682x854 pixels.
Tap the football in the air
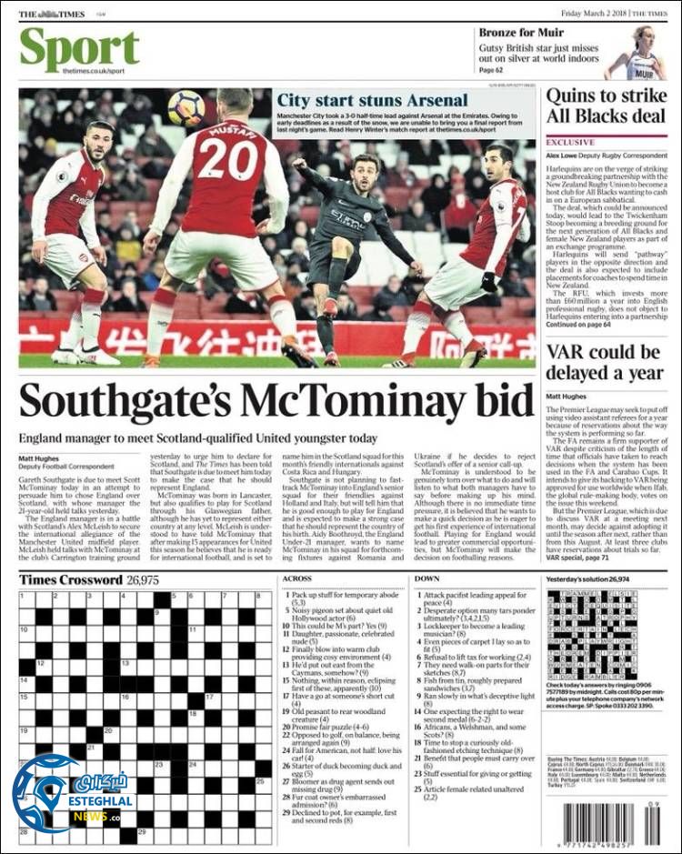click(186, 108)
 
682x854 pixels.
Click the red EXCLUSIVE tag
click(570, 143)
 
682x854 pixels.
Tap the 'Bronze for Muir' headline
click(521, 33)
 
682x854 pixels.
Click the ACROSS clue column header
click(296, 578)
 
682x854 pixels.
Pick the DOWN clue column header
click(426, 578)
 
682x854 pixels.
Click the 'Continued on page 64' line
click(579, 324)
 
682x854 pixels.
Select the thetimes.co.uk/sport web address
click(94, 70)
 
